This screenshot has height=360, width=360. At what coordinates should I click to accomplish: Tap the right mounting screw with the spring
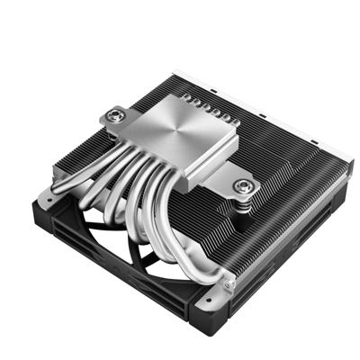pos(242,186)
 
